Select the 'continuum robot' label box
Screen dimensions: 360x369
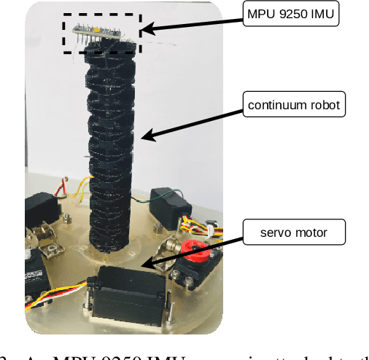(x=294, y=105)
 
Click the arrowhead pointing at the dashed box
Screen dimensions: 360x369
(x=147, y=29)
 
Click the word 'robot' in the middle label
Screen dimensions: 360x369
(x=325, y=105)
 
